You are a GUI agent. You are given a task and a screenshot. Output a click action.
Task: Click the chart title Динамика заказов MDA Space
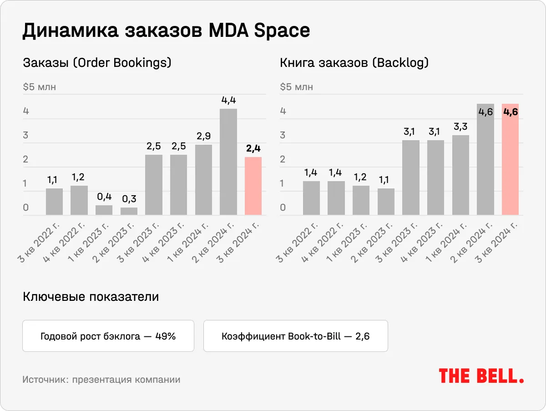click(x=166, y=30)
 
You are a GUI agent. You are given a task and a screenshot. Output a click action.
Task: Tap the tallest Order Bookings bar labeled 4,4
click(x=228, y=162)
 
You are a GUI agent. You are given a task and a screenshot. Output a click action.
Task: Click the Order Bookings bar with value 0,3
click(x=129, y=211)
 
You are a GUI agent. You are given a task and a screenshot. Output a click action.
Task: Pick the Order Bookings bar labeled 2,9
click(x=203, y=180)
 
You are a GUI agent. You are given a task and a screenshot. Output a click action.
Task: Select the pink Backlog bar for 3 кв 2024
click(x=510, y=159)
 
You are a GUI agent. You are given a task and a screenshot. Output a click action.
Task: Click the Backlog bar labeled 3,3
click(x=460, y=175)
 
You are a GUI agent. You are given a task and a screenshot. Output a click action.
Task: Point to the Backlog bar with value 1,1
click(x=386, y=202)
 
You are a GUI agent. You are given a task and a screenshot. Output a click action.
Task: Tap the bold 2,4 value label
click(x=253, y=148)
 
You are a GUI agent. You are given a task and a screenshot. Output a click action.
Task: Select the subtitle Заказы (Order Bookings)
click(x=97, y=63)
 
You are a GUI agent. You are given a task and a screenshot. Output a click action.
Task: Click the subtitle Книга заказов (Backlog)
click(x=354, y=63)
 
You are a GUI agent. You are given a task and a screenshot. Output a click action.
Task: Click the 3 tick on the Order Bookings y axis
click(x=26, y=135)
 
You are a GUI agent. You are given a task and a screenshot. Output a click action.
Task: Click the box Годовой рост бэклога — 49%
click(x=108, y=336)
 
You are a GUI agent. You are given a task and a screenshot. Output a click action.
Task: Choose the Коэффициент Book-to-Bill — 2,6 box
click(x=295, y=336)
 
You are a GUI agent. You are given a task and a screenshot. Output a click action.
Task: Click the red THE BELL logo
click(x=481, y=376)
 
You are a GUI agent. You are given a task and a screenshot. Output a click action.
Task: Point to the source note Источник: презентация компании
click(x=101, y=380)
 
